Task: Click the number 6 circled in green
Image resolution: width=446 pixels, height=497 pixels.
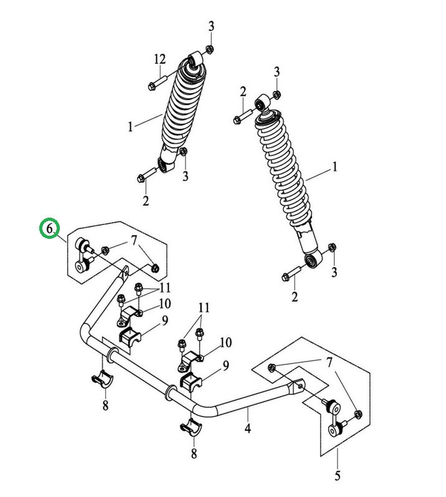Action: [x=49, y=228]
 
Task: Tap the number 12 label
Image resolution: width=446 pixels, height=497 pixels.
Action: [x=160, y=59]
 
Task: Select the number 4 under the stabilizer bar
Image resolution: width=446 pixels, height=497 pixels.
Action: [x=247, y=428]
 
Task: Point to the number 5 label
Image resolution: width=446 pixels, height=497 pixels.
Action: [x=338, y=475]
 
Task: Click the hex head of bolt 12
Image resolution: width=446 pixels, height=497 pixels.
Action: [x=151, y=86]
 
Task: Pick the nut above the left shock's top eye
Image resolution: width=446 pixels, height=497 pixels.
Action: [x=209, y=49]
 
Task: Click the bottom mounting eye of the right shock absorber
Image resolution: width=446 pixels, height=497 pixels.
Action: [x=313, y=259]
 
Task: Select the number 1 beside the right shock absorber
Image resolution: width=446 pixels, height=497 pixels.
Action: [x=334, y=166]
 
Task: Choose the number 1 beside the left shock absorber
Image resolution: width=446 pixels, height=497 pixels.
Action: [x=130, y=127]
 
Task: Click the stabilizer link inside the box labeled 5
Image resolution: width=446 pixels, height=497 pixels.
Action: [x=334, y=418]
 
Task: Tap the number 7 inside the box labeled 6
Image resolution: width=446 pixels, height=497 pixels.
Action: [x=134, y=241]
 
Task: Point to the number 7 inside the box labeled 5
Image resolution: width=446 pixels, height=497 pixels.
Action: [x=329, y=362]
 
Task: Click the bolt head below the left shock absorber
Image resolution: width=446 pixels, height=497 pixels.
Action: [x=141, y=178]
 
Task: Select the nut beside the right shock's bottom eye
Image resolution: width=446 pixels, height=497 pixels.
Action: [x=332, y=247]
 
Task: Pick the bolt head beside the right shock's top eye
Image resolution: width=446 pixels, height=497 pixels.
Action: [x=237, y=120]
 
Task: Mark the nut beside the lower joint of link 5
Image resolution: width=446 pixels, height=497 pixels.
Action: [x=358, y=414]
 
